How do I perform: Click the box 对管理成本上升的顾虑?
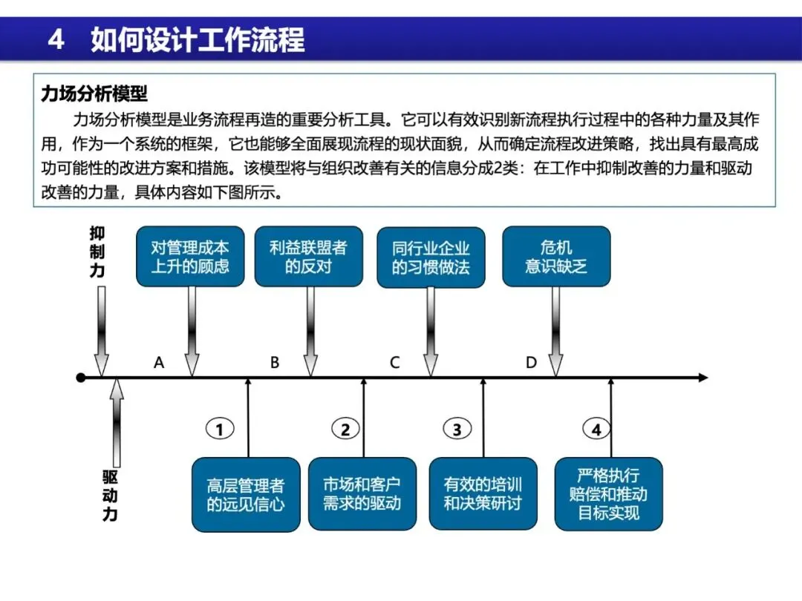pos(190,257)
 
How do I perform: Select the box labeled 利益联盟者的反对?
pos(308,257)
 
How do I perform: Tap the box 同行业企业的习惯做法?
pos(431,257)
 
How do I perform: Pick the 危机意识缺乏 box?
pos(556,257)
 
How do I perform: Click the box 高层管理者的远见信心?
pos(246,495)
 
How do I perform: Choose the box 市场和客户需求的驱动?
pos(362,493)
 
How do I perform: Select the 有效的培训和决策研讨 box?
pos(483,493)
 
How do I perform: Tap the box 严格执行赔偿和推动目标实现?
pos(608,493)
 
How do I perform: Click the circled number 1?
pos(219,429)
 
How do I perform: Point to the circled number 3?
pos(457,429)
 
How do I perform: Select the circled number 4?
pos(596,429)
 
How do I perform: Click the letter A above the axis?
pos(158,363)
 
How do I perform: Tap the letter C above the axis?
pos(394,363)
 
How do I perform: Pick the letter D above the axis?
pos(531,363)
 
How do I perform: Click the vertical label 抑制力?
pos(97,252)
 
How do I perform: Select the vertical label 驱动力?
pos(110,495)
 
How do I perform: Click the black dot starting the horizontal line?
pos(81,378)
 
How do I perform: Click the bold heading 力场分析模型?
pos(94,93)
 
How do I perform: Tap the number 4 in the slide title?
pos(56,39)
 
